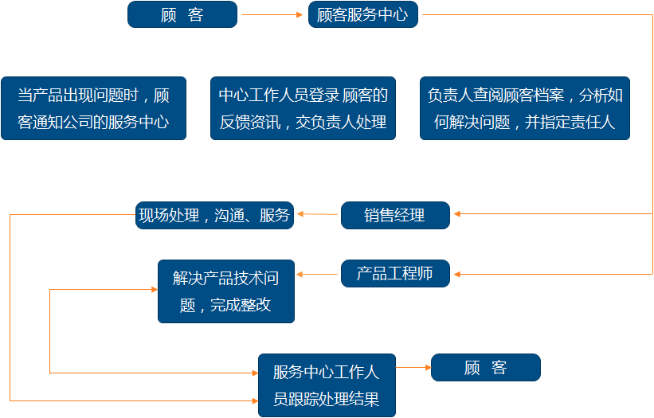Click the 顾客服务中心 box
(362, 14)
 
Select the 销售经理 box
(395, 215)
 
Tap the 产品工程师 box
(395, 274)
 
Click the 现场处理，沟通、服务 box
(215, 215)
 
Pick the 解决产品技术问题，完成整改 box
(226, 291)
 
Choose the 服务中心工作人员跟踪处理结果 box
(327, 385)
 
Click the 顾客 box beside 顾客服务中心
(182, 14)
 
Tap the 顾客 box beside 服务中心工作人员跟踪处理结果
(485, 368)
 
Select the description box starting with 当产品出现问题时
(93, 108)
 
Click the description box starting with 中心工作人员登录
(303, 108)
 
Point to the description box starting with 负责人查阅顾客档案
(525, 108)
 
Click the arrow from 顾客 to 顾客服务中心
(273, 14)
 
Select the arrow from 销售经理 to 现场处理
(317, 214)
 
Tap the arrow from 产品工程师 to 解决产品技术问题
(317, 275)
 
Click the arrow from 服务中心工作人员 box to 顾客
(413, 368)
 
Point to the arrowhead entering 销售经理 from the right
(457, 214)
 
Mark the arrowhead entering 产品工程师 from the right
(457, 275)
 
